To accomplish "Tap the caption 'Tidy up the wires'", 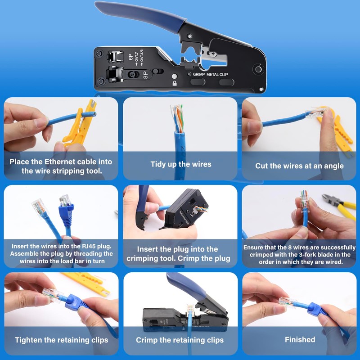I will point(180,164).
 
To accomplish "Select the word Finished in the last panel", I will point(300,339).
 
